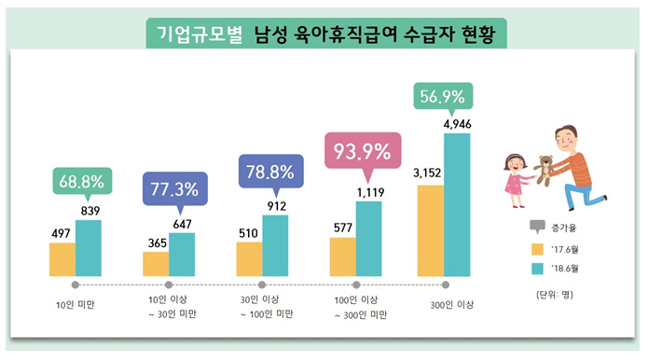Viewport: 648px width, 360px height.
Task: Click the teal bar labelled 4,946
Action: pos(458,204)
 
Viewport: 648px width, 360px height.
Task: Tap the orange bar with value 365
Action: pos(155,263)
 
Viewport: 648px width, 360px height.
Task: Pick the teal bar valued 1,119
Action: pos(368,238)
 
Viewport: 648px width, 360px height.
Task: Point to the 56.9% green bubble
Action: pos(442,98)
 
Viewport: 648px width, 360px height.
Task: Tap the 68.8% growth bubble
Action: pos(83,181)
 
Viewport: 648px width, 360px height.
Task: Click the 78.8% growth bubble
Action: pos(269,173)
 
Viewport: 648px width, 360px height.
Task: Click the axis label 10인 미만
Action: pos(76,304)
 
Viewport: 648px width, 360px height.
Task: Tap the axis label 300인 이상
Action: pos(447,304)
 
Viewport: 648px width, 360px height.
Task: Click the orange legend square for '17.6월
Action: pos(536,248)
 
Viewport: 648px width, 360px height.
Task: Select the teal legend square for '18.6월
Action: pos(536,270)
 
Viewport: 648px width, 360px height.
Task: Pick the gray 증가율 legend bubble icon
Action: pos(536,227)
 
